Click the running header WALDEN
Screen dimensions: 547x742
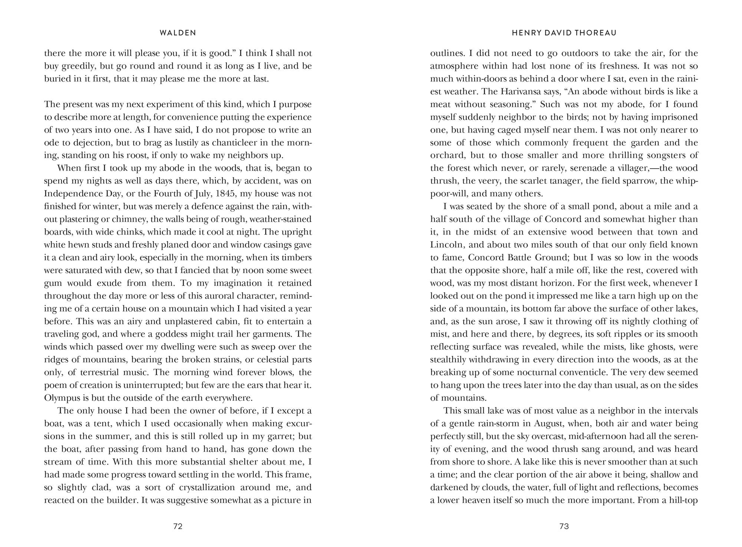pyautogui.click(x=178, y=33)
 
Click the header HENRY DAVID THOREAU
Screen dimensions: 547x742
pyautogui.click(x=564, y=33)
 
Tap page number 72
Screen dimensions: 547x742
pyautogui.click(x=178, y=526)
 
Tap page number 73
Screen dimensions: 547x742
pyautogui.click(x=564, y=526)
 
